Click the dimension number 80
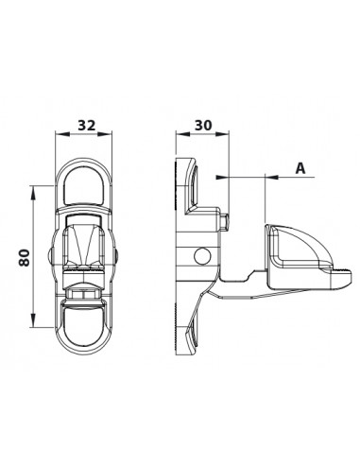[x=22, y=258]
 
